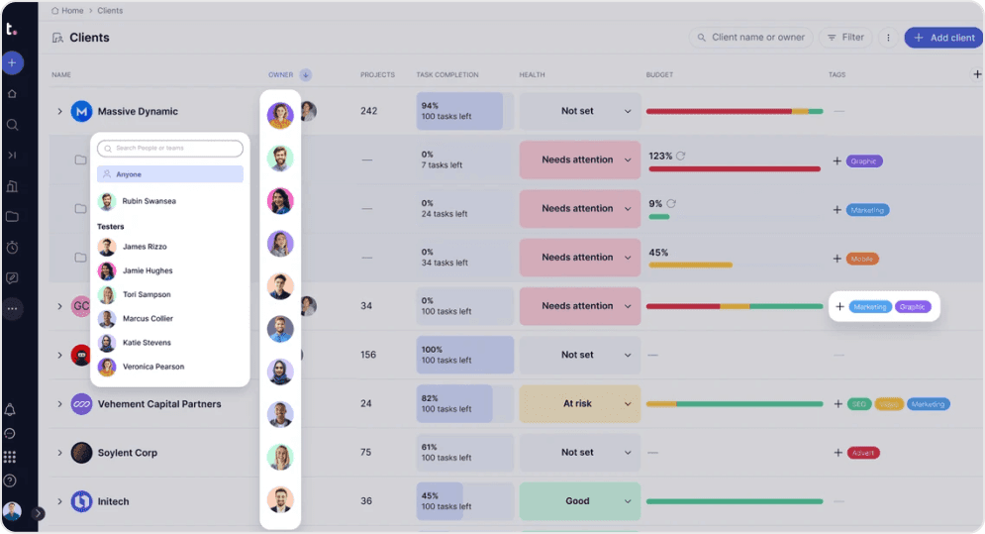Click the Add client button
coord(943,38)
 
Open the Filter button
coord(845,38)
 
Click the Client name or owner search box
coord(750,38)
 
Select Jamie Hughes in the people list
coord(147,270)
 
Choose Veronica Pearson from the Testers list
coord(152,367)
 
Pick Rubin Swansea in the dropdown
coord(148,201)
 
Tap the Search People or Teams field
coord(170,149)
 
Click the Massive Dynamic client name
coord(138,112)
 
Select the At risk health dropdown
coord(579,403)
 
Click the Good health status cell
coord(578,501)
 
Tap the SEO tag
coord(858,404)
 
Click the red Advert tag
coord(863,453)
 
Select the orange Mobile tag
coord(862,259)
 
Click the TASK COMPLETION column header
coord(447,75)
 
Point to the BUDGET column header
coord(659,75)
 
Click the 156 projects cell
coord(368,355)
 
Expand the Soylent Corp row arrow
coord(59,453)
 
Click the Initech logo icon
coord(81,501)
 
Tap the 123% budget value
coord(660,157)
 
